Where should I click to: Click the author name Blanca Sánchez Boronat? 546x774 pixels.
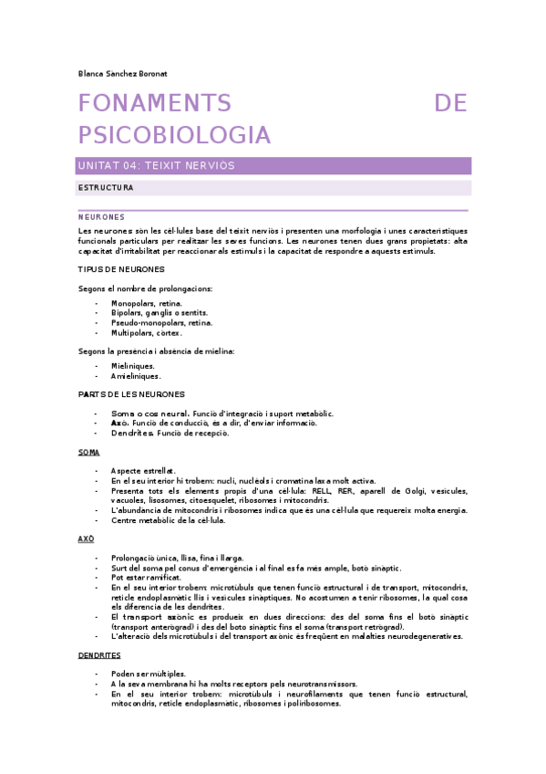[x=121, y=73]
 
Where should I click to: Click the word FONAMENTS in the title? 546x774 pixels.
[x=154, y=103]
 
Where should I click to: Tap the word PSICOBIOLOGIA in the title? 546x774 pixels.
[x=175, y=135]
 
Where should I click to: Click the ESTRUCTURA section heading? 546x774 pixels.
[x=107, y=187]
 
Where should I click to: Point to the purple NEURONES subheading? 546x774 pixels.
[x=101, y=217]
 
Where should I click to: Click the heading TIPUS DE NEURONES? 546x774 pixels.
[x=121, y=269]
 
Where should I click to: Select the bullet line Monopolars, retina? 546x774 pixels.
[x=146, y=303]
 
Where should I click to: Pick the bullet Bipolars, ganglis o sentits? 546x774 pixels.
[x=159, y=313]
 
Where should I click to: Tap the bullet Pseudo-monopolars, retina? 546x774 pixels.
[x=161, y=323]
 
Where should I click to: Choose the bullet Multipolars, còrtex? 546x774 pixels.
[x=146, y=333]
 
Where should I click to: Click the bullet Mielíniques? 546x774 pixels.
[x=132, y=366]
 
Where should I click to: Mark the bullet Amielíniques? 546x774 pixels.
[x=135, y=376]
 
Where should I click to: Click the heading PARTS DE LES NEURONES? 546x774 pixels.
[x=131, y=394]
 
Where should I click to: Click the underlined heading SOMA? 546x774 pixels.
[x=89, y=452]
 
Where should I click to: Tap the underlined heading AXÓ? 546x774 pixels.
[x=87, y=539]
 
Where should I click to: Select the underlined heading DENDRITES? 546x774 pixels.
[x=99, y=655]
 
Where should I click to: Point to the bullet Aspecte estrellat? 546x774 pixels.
[x=142, y=471]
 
